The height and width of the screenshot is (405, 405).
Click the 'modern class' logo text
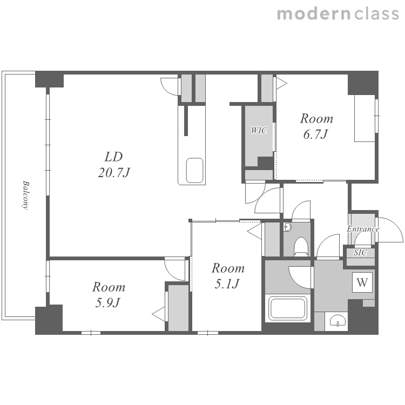(x=338, y=14)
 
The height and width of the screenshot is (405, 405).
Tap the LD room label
(x=113, y=157)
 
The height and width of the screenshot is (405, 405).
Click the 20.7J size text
(x=113, y=172)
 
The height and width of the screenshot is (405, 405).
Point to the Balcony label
(x=25, y=195)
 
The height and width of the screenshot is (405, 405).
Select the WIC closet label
(x=259, y=131)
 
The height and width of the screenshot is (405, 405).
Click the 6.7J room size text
(x=316, y=134)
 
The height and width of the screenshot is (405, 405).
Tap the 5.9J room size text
(x=107, y=303)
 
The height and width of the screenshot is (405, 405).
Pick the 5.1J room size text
(x=227, y=283)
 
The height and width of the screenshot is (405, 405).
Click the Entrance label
(x=363, y=229)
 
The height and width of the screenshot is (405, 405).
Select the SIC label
(x=360, y=253)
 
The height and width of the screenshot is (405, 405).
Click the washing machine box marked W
(x=362, y=282)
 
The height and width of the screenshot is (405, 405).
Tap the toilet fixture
(x=301, y=246)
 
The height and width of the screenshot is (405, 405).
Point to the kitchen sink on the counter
(x=194, y=171)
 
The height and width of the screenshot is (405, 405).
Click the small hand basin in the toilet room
(x=287, y=227)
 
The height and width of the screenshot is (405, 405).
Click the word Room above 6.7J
(x=316, y=119)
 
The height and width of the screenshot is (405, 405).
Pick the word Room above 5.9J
(x=109, y=287)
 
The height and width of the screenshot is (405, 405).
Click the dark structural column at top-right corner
(x=363, y=83)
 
